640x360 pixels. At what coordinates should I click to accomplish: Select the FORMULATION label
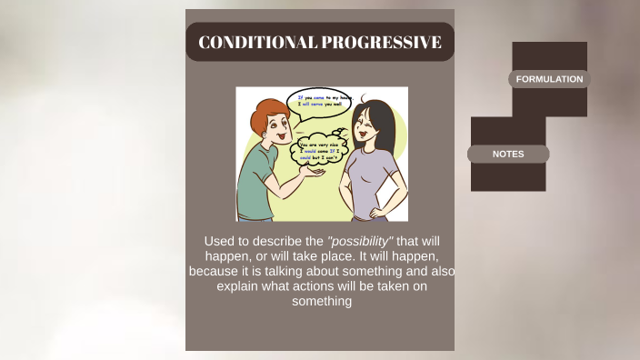click(x=549, y=79)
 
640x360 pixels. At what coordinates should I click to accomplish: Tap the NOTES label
click(x=508, y=154)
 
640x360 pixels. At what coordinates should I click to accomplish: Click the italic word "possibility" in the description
click(x=360, y=241)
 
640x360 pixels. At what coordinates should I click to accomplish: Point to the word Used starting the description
click(x=220, y=241)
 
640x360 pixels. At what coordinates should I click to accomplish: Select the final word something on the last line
click(x=321, y=302)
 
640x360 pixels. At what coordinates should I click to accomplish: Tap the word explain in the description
click(x=237, y=286)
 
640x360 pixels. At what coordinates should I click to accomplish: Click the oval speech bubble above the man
click(x=317, y=103)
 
